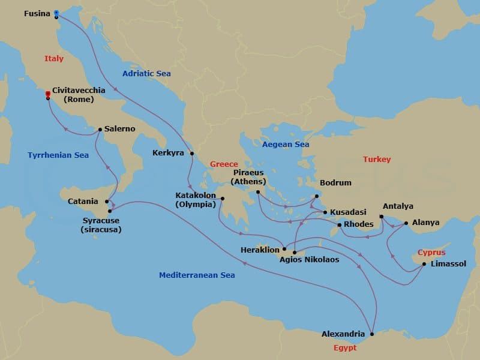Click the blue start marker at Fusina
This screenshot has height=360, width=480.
pos(56,13)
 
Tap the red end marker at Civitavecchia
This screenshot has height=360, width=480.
pos(48,94)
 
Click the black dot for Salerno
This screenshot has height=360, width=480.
pos(100,129)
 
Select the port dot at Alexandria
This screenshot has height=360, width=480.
pos(372,334)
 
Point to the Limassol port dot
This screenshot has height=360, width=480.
pos(424,264)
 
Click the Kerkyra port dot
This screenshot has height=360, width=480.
pos(192,154)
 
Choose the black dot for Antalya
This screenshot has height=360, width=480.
pos(382,217)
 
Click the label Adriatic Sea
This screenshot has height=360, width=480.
pos(146,73)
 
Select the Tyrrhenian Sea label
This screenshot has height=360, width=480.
pos(58,155)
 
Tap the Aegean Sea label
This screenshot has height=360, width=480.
pos(286,145)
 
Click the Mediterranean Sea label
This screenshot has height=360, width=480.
pos(197,275)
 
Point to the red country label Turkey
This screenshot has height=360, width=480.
pos(377,160)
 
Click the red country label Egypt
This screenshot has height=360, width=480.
pos(345,348)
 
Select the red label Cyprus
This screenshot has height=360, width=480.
pos(431,253)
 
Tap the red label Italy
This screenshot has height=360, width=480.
pos(54,59)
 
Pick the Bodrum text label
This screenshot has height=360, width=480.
pos(336,183)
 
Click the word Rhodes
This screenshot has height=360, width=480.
pos(358,225)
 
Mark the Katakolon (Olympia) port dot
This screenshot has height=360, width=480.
pos(223,199)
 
